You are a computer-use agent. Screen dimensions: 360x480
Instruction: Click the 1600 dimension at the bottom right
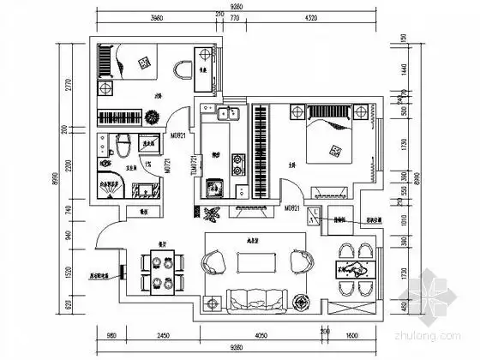click(353, 335)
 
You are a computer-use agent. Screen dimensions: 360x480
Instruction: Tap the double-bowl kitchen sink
click(226, 114)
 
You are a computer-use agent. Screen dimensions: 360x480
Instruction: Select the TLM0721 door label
click(195, 162)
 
